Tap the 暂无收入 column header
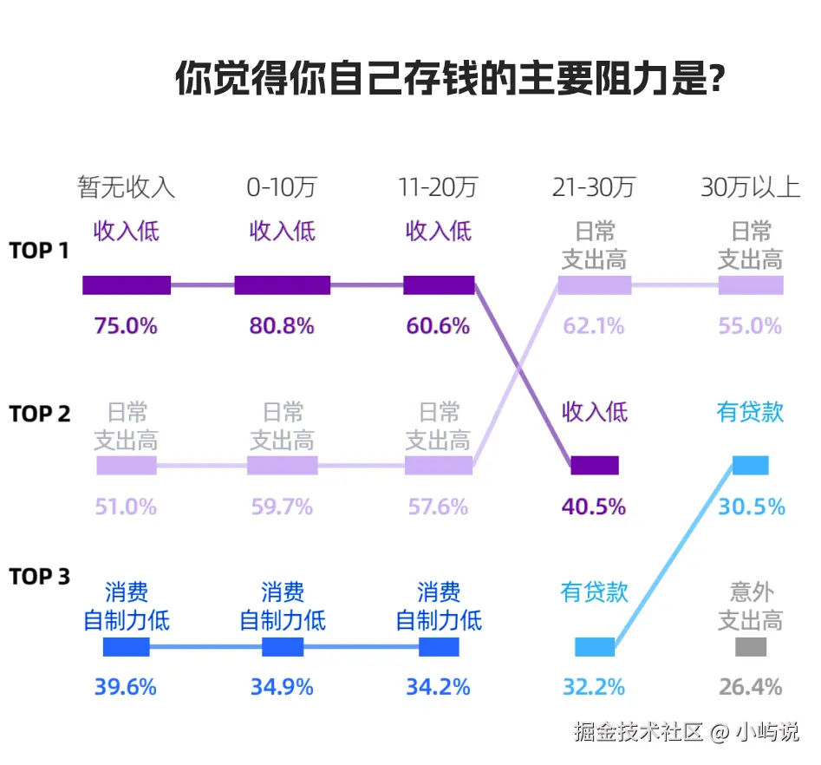(127, 187)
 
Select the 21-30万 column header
(594, 187)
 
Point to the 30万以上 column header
(750, 187)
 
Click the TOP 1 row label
(39, 251)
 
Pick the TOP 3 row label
(39, 577)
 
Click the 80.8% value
(282, 327)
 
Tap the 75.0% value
(126, 327)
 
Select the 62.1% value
(594, 327)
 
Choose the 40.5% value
(594, 507)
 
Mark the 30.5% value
(751, 507)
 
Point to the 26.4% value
(751, 688)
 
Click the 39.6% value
(126, 688)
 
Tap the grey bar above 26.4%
(751, 647)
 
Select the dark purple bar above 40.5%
(595, 466)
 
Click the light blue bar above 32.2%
(595, 647)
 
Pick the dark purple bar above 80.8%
(283, 285)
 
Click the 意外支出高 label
(751, 606)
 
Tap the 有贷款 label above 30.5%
(751, 412)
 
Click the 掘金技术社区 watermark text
(638, 732)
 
